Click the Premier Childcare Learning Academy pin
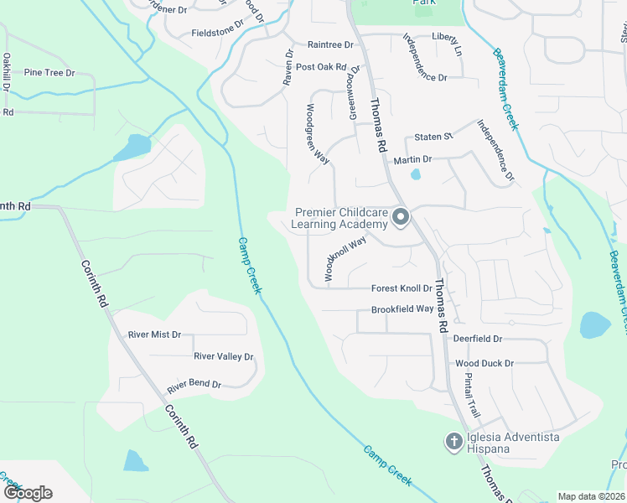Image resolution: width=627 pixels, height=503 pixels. [401, 218]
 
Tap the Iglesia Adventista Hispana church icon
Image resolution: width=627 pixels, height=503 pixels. [453, 441]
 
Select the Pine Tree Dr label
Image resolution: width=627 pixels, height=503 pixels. [49, 73]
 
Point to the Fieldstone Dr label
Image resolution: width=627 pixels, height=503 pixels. [217, 33]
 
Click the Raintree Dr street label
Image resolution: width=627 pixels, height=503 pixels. [330, 44]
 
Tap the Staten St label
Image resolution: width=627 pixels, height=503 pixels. [434, 136]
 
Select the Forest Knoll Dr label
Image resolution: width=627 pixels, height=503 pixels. [401, 288]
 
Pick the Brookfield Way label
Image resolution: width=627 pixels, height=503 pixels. [402, 309]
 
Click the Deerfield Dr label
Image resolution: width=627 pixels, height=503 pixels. [477, 339]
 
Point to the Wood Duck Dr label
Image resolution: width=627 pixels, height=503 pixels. [484, 364]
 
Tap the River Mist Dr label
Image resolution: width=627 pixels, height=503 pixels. [154, 334]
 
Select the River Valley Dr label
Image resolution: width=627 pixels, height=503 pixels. [223, 356]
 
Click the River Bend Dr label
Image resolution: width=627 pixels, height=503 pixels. [194, 386]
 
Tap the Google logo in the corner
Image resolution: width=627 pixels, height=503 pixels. [28, 493]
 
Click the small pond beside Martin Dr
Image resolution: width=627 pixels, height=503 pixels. [415, 175]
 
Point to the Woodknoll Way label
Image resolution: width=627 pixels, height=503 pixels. [345, 258]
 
